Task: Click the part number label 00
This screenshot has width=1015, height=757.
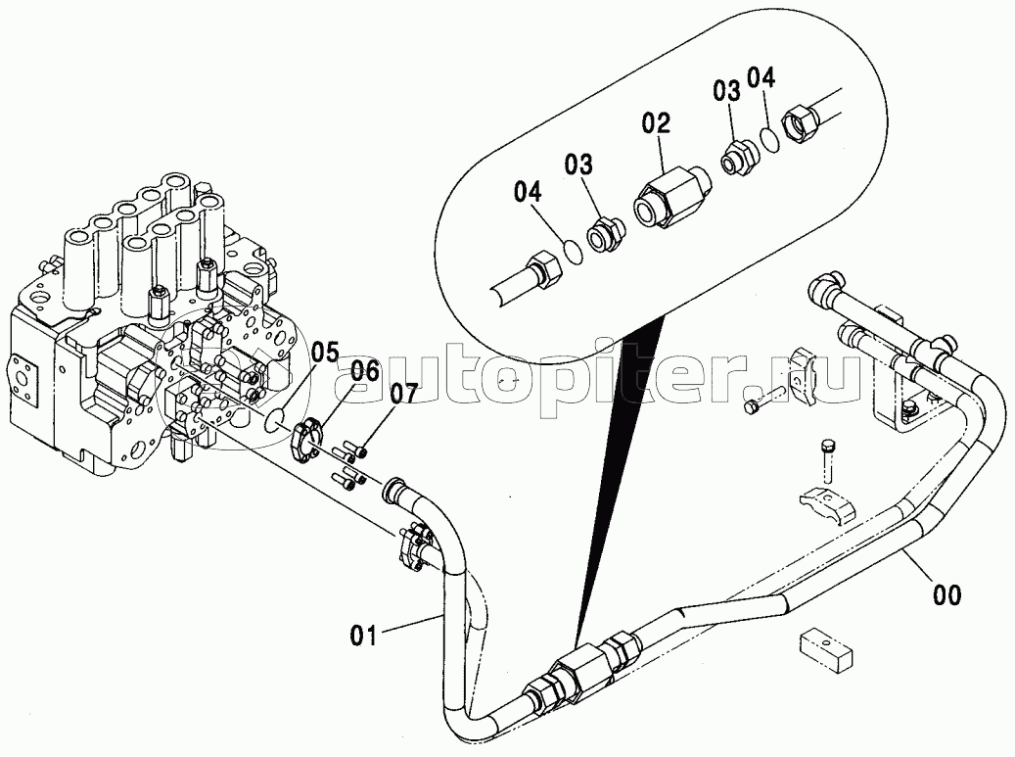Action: [x=946, y=595]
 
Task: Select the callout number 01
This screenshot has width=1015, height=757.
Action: [x=364, y=635]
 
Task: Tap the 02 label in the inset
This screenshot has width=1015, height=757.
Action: [x=657, y=123]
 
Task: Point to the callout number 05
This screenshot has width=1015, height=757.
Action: [x=324, y=353]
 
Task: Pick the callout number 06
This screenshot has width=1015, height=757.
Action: [x=366, y=373]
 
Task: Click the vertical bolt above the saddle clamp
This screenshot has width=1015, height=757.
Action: [x=826, y=460]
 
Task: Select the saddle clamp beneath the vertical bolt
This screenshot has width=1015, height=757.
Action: [x=825, y=503]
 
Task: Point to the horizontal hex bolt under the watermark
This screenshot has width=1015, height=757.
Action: [x=763, y=402]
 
